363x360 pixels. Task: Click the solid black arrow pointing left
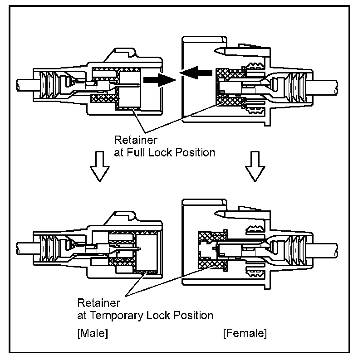[196, 72]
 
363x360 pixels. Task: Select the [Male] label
[93, 334]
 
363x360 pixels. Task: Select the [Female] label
[245, 334]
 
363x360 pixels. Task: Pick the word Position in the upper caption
[193, 152]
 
